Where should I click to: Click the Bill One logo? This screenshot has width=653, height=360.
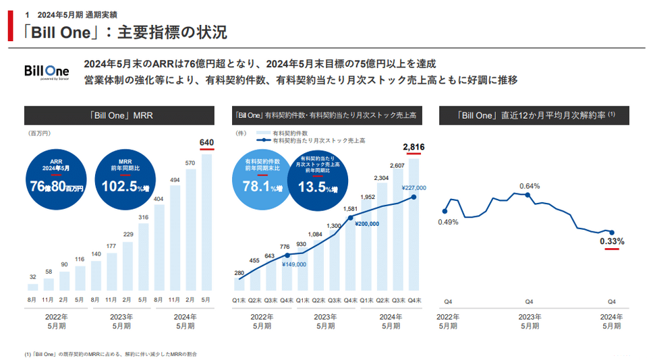[x=46, y=72]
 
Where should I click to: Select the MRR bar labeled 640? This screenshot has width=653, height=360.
[x=206, y=222]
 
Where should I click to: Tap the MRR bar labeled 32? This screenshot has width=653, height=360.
[x=33, y=287]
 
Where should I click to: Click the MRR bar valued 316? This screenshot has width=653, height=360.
[x=143, y=257]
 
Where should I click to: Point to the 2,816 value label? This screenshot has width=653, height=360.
[x=414, y=147]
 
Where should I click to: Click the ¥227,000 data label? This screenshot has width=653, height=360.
[x=414, y=188]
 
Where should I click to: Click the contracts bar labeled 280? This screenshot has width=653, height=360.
[x=239, y=286]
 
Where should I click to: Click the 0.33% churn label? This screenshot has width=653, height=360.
[x=612, y=241]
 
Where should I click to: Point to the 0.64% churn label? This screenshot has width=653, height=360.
[x=529, y=185]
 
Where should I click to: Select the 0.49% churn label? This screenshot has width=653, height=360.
[x=448, y=222]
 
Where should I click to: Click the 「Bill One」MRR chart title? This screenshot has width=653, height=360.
[x=122, y=115]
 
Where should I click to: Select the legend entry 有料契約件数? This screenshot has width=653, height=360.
[x=290, y=133]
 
